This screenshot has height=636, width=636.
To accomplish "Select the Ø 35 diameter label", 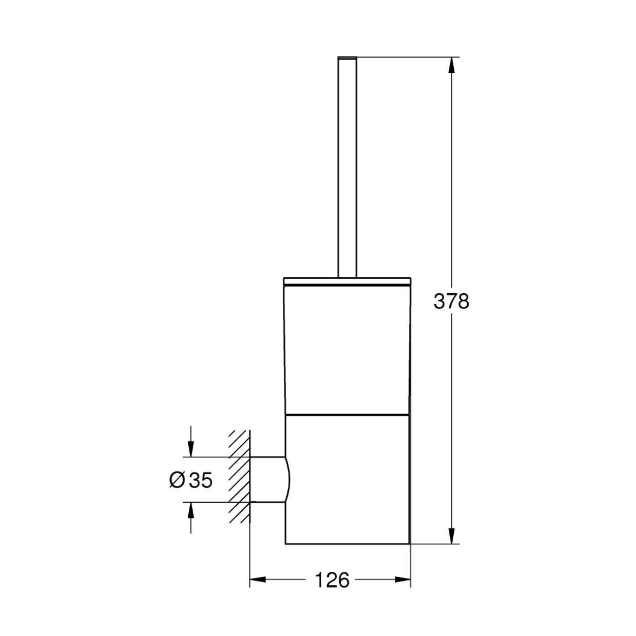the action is tap(190, 480).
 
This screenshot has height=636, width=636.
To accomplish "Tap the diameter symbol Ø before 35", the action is tap(177, 480).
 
